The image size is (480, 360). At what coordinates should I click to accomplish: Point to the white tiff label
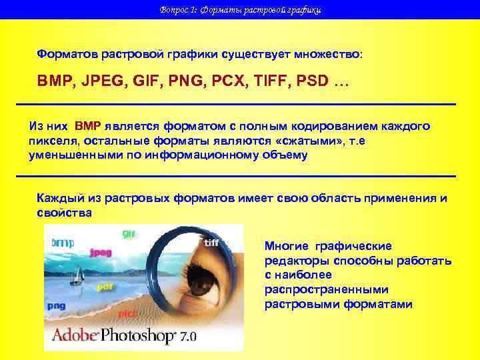(212, 243)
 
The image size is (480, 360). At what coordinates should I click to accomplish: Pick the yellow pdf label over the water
(104, 287)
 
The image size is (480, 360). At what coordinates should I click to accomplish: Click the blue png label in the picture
(55, 305)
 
